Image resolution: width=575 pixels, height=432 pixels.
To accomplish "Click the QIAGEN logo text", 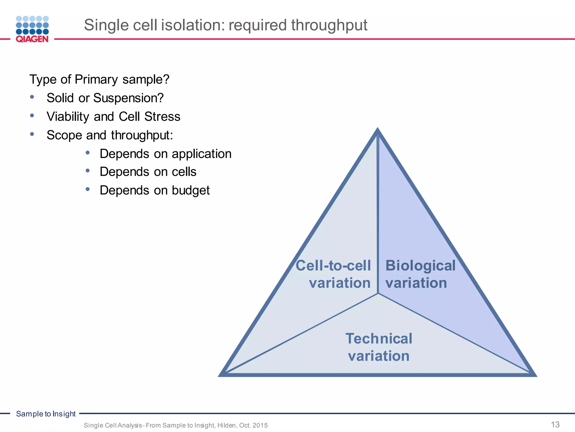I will coord(32,39).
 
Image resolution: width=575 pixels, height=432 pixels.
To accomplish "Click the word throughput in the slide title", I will coord(329,25).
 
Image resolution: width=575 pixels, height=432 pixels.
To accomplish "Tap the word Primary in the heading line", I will coord(96,80).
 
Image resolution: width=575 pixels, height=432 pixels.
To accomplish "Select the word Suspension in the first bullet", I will coord(128,98).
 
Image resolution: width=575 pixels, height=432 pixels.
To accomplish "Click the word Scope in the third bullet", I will coord(64,135).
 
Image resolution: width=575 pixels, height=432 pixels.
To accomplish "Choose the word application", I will coord(201,154).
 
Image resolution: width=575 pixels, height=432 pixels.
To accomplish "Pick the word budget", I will coord(191,190).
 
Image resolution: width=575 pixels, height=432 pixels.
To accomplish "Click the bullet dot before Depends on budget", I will coord(88,189).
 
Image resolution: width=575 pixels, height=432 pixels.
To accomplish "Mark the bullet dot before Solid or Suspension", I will coord(32,97).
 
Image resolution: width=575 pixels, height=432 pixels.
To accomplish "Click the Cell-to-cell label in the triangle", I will coord(333,265).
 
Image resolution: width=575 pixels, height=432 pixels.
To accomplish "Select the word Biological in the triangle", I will coord(420,265).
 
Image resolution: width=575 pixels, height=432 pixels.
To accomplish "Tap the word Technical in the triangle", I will coord(378,339).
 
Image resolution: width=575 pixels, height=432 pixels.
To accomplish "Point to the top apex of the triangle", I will coord(378,130).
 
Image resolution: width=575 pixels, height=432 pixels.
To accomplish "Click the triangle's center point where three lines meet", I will coord(378,293).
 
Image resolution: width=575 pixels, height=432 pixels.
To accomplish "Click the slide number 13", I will coord(555,424).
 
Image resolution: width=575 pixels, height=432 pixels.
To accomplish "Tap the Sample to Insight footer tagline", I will coord(46,414).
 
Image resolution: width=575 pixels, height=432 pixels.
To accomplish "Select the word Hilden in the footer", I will coord(227,425).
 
